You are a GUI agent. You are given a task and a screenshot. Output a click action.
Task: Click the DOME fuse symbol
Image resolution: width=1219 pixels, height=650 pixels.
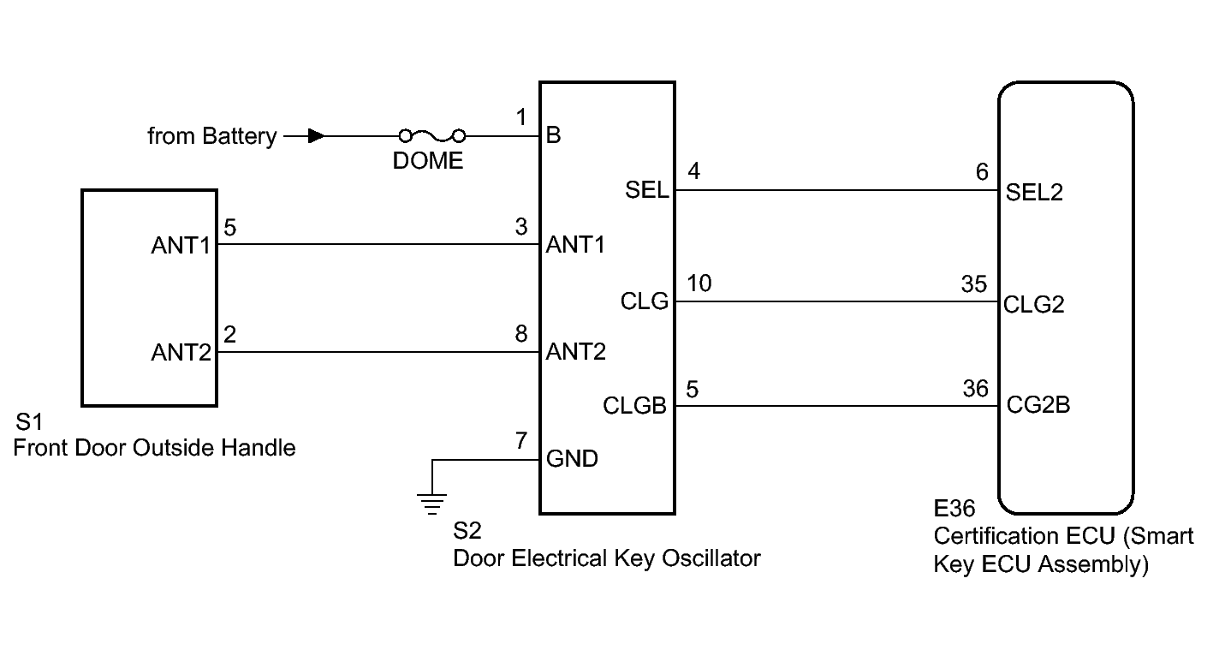tap(431, 135)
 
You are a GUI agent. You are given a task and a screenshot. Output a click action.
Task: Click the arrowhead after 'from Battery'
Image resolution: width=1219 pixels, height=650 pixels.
tap(316, 135)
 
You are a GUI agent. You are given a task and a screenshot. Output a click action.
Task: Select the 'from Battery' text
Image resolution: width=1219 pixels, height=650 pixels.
tap(211, 136)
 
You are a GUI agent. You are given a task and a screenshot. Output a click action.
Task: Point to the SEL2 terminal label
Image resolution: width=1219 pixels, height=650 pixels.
tap(1034, 192)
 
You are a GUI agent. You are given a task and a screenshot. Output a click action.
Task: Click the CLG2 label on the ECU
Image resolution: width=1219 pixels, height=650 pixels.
tap(1034, 304)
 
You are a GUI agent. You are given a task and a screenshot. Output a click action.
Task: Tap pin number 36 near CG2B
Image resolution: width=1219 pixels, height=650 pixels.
tap(975, 389)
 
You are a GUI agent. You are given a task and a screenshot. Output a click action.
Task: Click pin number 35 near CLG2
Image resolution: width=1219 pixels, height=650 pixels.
tap(974, 284)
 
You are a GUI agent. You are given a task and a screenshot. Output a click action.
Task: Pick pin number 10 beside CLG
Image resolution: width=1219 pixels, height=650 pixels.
tap(699, 283)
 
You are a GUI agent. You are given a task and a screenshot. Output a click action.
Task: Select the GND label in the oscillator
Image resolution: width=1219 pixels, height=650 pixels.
tap(572, 459)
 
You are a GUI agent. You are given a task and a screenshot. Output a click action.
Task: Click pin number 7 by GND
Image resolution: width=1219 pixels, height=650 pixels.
tap(521, 442)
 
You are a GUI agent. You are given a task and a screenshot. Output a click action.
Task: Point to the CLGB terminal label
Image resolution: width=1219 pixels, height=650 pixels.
tap(634, 406)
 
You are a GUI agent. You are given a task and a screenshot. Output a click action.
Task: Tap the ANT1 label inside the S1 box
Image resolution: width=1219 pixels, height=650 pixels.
tap(181, 246)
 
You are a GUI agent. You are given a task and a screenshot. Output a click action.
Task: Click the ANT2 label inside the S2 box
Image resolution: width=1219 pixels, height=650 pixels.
tap(575, 352)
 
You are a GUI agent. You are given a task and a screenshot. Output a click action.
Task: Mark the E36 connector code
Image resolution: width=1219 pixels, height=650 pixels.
tap(954, 510)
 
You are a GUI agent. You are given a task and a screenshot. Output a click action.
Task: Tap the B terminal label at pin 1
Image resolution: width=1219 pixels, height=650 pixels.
tap(553, 136)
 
